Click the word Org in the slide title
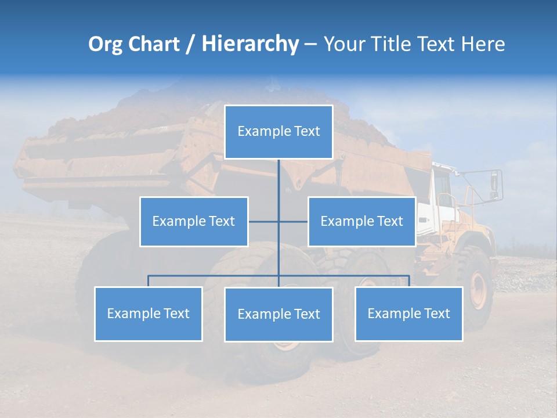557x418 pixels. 106,44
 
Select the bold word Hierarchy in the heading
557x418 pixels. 249,44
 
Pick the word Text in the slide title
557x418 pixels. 436,44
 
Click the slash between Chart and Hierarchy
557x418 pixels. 190,44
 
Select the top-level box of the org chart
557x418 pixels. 278,132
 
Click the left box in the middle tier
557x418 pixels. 194,221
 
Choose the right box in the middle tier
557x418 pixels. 362,221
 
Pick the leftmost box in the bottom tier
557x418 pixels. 149,313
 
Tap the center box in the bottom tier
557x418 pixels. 278,314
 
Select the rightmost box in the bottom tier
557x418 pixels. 409,313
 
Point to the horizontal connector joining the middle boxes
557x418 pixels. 278,221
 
